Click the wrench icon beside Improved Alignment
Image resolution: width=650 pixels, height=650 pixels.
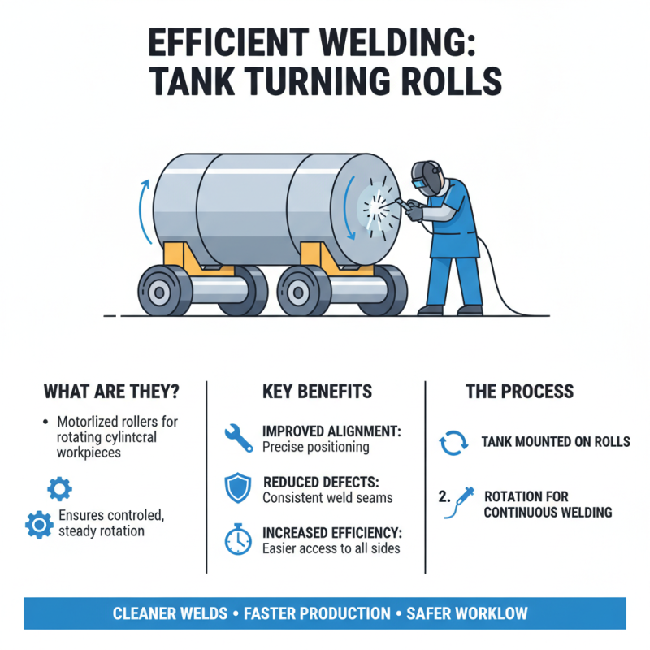click(238, 438)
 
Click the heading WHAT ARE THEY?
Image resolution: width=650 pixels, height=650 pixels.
click(110, 391)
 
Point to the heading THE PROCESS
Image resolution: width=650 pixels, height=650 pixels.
click(519, 391)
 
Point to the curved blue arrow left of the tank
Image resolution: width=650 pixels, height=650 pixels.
click(144, 214)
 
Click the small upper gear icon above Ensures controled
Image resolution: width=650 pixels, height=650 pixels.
click(59, 488)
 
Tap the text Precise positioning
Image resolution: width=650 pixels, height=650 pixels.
click(315, 447)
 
